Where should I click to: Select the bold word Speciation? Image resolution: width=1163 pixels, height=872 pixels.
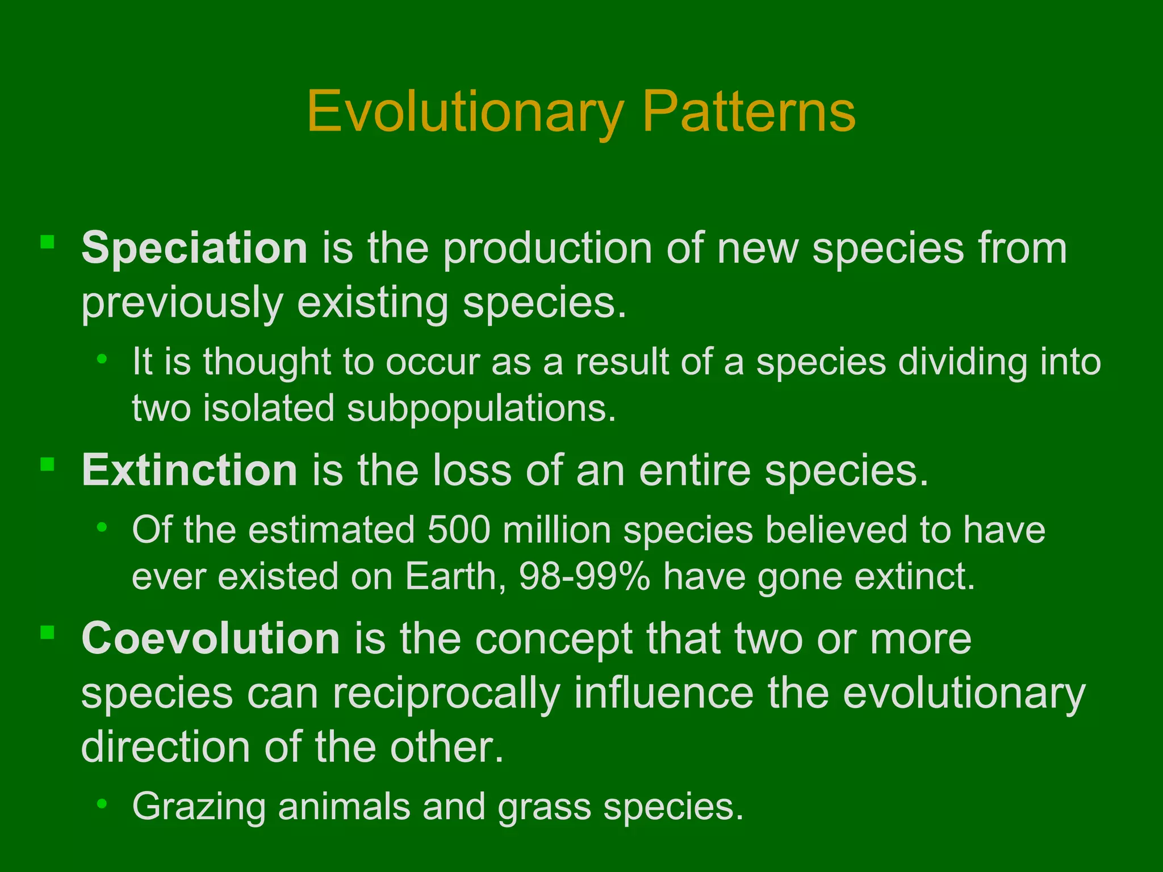(194, 248)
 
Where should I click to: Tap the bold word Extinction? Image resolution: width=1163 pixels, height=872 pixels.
(189, 470)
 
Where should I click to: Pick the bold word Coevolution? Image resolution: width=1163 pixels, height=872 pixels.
(211, 638)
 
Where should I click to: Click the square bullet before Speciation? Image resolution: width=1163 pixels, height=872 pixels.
(47, 242)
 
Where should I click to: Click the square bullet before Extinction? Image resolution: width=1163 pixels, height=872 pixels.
(47, 464)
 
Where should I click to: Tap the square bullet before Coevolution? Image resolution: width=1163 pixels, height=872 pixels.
(47, 632)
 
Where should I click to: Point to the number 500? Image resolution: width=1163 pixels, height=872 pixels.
(459, 530)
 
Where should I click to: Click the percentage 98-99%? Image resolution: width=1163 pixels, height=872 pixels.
(584, 577)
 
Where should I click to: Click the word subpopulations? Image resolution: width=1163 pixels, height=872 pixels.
(481, 409)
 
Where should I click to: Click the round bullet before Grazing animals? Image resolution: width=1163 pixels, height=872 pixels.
(102, 803)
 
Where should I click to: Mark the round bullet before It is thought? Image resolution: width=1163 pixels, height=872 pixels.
(102, 358)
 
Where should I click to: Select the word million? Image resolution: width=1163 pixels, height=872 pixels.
(557, 530)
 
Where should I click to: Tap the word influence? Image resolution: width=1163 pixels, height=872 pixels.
(663, 693)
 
